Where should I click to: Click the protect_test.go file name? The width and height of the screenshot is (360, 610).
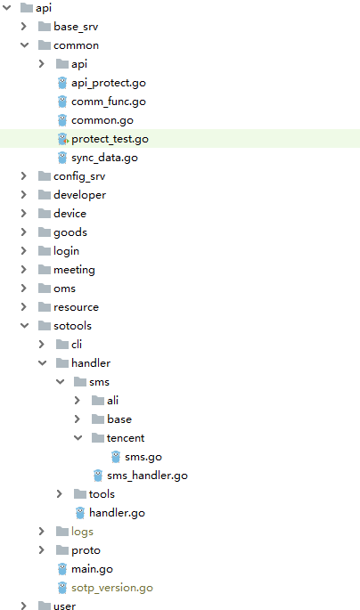(110, 139)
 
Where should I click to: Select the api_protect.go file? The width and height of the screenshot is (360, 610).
(109, 83)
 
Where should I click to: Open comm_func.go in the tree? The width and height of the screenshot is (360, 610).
(109, 102)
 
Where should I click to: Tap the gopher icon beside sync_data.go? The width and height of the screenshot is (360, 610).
(62, 158)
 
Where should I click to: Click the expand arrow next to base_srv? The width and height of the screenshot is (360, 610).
(24, 27)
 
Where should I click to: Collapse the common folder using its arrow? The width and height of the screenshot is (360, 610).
(25, 45)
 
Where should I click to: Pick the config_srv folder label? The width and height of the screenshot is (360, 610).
(79, 176)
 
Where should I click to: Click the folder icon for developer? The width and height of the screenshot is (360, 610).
(45, 194)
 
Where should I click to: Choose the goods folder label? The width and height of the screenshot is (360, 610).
(70, 232)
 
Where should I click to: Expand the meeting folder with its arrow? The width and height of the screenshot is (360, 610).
(24, 269)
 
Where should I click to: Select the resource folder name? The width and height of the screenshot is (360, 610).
(77, 307)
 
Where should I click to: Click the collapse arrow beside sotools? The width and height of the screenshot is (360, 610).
(25, 325)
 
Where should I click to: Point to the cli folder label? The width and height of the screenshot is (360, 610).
(77, 345)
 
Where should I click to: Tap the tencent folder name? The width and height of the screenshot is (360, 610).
(126, 438)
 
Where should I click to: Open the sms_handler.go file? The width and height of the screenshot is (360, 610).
(148, 476)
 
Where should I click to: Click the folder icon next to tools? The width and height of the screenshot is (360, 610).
(80, 493)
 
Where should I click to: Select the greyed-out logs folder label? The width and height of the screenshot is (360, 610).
(82, 532)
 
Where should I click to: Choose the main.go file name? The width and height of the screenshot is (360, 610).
(93, 569)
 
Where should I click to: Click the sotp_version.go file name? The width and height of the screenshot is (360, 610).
(112, 588)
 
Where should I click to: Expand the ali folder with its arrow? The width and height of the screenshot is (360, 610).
(77, 400)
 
